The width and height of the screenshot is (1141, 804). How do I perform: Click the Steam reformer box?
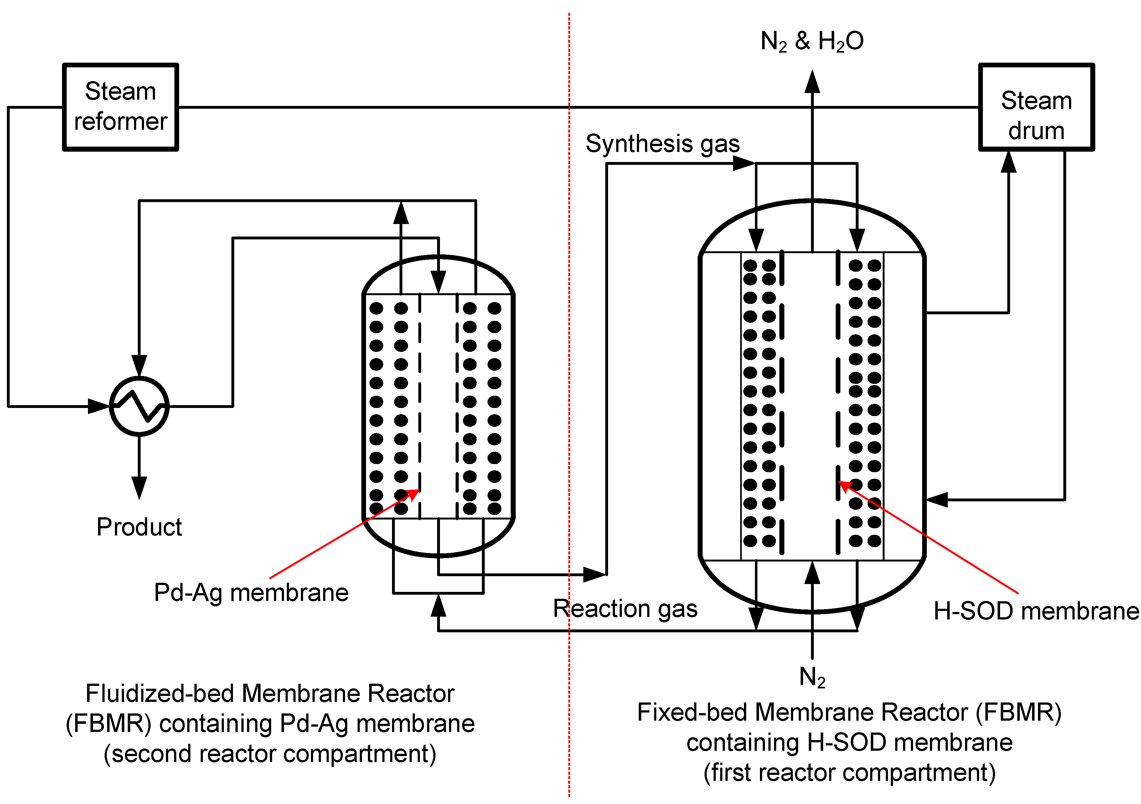[x=120, y=107]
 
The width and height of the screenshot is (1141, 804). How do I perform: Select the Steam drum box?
[x=1037, y=107]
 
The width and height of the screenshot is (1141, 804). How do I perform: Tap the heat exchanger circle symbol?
[x=139, y=406]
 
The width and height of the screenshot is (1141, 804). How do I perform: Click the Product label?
[x=139, y=527]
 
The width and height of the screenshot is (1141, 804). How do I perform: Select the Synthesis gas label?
[x=663, y=144]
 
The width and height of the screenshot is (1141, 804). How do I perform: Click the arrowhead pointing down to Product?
[x=139, y=487]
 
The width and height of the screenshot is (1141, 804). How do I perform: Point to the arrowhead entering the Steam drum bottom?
[x=1008, y=162]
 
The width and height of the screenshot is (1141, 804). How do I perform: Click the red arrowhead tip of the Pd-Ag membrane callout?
[x=419, y=490]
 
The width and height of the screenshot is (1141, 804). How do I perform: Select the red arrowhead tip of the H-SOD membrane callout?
[x=838, y=482]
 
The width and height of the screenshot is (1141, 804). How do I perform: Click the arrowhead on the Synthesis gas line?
[x=744, y=163]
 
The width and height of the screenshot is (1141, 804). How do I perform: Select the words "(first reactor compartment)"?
[x=849, y=773]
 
